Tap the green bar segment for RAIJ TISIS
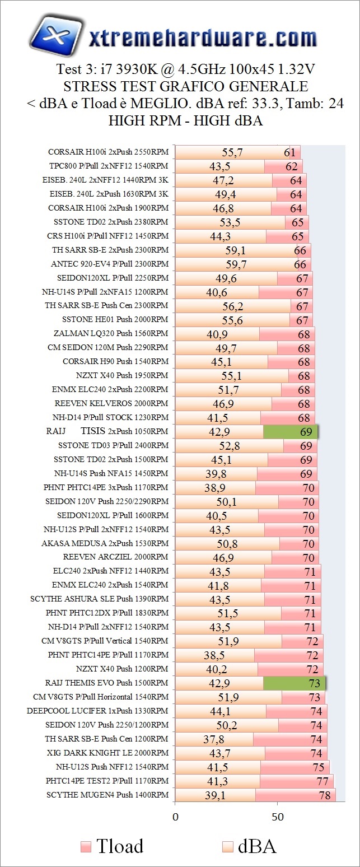tap(290, 431)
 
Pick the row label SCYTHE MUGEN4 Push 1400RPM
tap(107, 795)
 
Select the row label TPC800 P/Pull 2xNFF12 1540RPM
tap(109, 166)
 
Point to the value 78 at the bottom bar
tap(324, 795)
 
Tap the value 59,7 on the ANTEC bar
tap(236, 264)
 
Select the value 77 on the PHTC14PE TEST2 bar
tap(322, 781)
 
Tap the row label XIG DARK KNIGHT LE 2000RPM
tap(106, 753)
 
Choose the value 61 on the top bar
tap(290, 152)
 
